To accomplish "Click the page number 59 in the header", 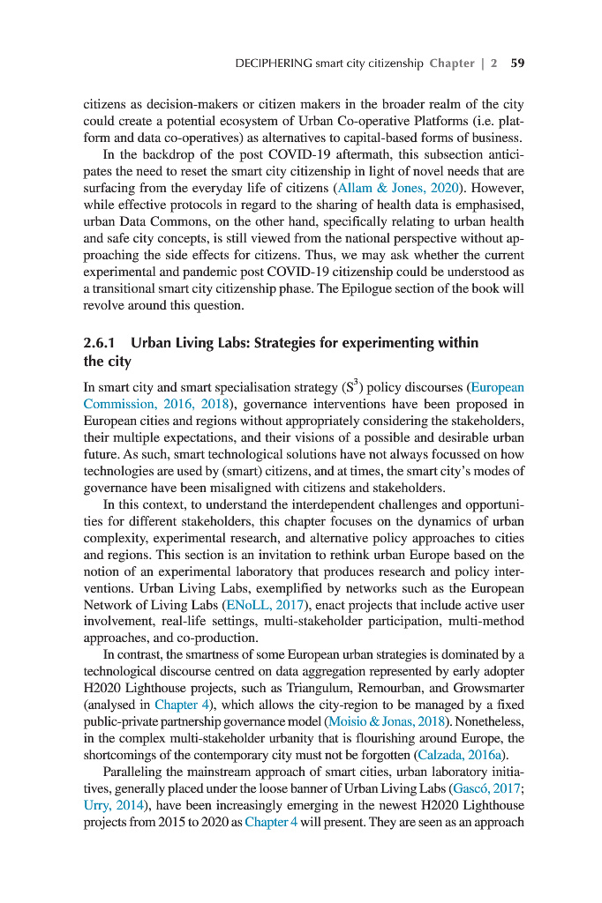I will coord(518,63).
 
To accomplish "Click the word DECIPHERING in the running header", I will coord(274,63).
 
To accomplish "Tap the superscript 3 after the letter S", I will coord(356,383).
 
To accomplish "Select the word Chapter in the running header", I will coord(452,63).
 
